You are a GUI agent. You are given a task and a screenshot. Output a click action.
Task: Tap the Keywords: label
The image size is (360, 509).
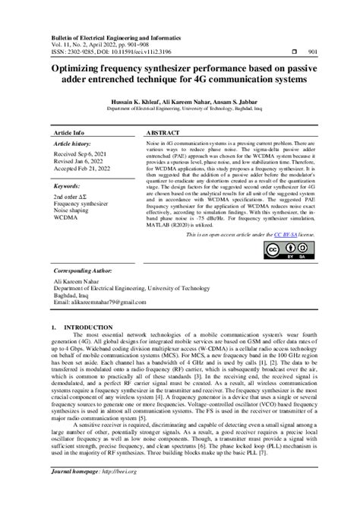coord(68,185)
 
